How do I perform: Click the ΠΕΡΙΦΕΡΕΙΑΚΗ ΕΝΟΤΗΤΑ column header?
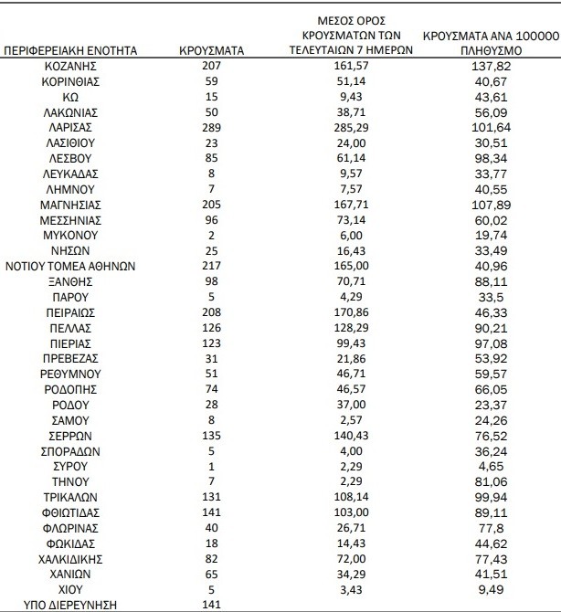coord(71,51)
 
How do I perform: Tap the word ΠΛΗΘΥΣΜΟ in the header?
coord(492,51)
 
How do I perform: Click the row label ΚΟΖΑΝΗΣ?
coord(71,67)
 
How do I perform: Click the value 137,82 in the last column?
coord(492,67)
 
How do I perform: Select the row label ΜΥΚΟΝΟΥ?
coord(71,235)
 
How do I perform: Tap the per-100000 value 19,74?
coord(492,235)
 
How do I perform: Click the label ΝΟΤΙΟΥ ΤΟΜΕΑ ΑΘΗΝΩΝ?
coord(71,266)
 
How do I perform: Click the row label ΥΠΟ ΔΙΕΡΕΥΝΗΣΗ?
coord(71,604)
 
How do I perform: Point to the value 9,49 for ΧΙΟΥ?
coord(492,588)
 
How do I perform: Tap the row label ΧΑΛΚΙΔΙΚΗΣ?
coord(71,557)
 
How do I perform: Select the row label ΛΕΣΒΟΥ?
coord(71,158)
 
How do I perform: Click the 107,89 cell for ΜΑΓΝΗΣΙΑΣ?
coord(492,205)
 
